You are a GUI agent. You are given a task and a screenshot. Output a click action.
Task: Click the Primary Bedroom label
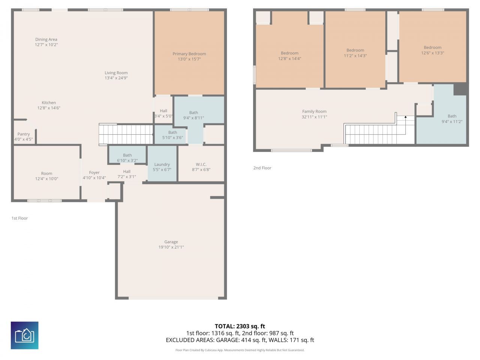tap(189, 54)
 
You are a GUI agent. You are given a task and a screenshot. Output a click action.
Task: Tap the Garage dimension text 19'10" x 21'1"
tap(171, 247)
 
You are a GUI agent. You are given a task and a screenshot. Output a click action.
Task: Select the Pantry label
tap(23, 134)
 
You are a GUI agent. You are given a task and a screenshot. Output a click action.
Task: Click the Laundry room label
tap(162, 164)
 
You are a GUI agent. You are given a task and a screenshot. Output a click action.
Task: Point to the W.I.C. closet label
tap(201, 164)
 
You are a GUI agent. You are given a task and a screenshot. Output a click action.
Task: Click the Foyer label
tap(94, 172)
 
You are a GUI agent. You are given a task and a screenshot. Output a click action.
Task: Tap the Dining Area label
tap(46, 39)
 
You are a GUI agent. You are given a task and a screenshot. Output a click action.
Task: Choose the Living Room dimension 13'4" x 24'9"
tap(116, 78)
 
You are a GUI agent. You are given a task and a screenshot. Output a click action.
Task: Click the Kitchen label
tap(49, 102)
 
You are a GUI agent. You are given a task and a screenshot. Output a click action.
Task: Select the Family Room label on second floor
tap(314, 111)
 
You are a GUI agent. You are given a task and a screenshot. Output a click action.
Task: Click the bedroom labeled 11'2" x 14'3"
tap(355, 53)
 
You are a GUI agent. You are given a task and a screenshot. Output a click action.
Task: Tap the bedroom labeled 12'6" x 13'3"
tap(432, 50)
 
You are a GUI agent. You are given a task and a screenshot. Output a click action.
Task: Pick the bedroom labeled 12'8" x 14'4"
tap(289, 56)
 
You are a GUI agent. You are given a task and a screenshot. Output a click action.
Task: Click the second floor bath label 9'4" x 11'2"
tap(452, 119)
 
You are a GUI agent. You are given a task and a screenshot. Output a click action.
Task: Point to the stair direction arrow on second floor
tap(405, 117)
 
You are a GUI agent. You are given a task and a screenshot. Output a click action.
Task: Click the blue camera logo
tap(24, 335)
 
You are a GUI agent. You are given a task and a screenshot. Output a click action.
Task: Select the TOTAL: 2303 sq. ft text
tap(240, 326)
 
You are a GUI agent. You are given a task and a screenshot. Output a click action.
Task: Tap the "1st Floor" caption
tap(19, 218)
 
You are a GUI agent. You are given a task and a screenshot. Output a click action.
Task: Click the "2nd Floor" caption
tap(262, 168)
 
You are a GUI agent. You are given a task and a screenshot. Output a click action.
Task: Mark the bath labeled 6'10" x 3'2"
tap(127, 158)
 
